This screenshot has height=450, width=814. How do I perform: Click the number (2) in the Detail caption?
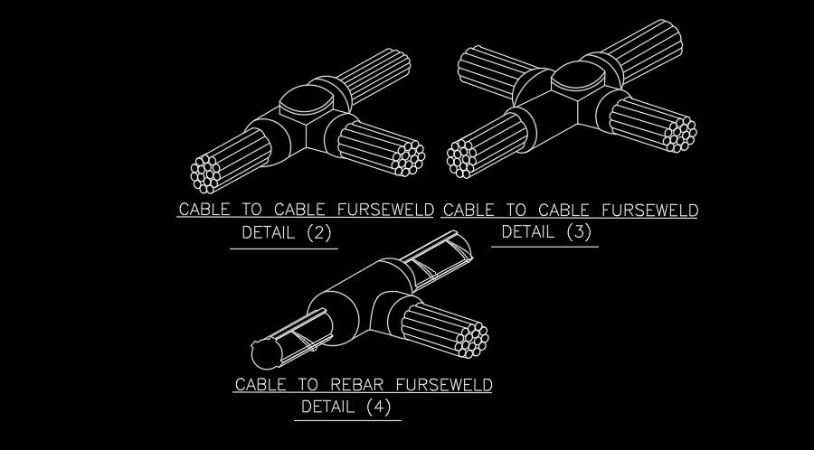pos(319,233)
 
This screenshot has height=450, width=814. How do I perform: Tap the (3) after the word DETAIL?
pos(578,232)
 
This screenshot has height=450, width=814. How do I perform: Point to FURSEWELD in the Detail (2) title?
pos(384,211)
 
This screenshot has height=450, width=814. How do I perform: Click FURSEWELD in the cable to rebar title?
pos(442,385)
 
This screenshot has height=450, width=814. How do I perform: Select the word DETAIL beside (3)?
pos(526,232)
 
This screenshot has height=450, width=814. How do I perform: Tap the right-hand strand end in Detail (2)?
pos(409,157)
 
